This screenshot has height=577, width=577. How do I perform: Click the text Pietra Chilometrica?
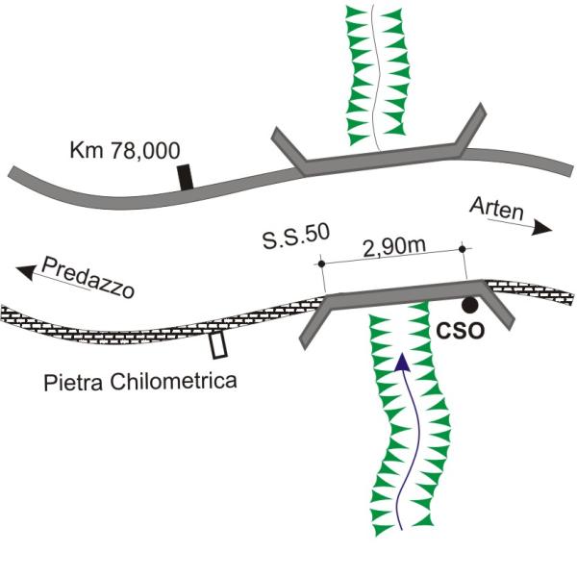[x=140, y=382]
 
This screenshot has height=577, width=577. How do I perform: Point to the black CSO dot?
[x=469, y=305]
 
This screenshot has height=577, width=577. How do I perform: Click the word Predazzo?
[x=92, y=276]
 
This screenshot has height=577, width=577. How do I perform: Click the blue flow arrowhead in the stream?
[x=400, y=361]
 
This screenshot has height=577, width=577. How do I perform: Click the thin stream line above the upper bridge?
[x=379, y=77]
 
